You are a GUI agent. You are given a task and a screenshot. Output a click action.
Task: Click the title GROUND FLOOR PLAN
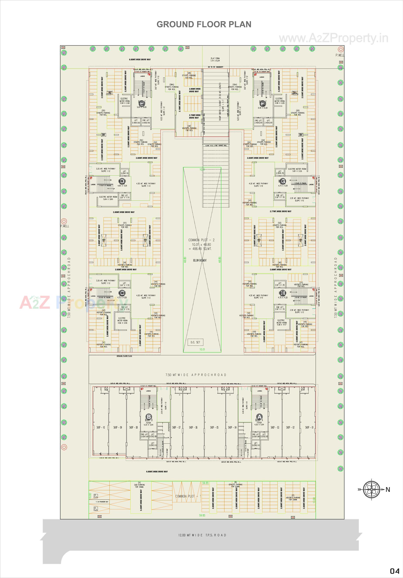pyautogui.click(x=204, y=24)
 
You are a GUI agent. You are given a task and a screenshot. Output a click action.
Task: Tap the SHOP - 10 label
pyautogui.click(x=101, y=427)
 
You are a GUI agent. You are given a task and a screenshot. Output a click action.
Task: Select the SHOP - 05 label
pyautogui.click(x=214, y=427)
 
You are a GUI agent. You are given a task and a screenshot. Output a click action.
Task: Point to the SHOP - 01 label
pyautogui.click(x=309, y=427)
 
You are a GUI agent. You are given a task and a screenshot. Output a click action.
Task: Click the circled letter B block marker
pyautogui.click(x=149, y=417)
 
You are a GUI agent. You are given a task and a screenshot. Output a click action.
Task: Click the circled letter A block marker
pyautogui.click(x=259, y=417)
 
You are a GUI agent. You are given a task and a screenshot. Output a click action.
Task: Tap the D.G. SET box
pyautogui.click(x=196, y=342)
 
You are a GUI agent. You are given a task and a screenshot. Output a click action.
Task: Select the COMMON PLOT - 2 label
pyautogui.click(x=201, y=240)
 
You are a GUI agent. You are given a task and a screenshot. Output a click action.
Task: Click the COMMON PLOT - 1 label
pyautogui.click(x=188, y=496)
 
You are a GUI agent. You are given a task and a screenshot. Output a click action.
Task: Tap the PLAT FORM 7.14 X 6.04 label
pyautogui.click(x=215, y=59)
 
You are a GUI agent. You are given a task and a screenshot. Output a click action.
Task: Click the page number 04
pyautogui.click(x=395, y=570)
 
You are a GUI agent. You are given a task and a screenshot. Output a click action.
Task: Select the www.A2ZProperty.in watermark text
pyautogui.click(x=333, y=38)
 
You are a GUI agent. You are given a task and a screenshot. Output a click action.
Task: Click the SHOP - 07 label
pyautogui.click(x=176, y=427)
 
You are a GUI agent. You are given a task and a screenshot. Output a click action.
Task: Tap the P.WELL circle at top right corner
pyautogui.click(x=341, y=49)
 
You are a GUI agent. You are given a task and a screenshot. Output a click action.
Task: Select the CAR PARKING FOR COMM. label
pyautogui.click(x=139, y=486)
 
